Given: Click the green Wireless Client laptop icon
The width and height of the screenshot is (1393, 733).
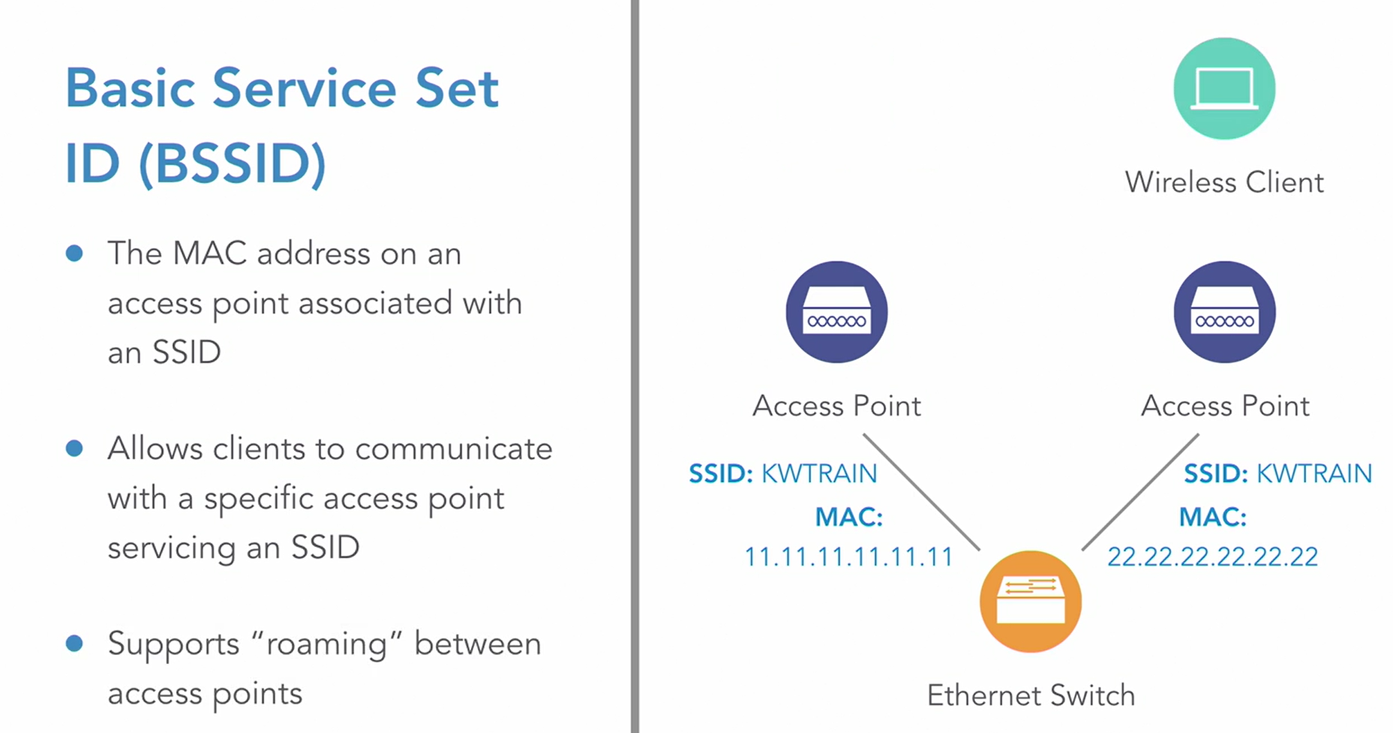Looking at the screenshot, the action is (1223, 89).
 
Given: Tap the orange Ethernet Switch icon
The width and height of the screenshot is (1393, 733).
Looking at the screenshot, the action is (1030, 601).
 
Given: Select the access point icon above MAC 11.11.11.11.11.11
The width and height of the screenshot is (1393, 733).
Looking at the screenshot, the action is (836, 312).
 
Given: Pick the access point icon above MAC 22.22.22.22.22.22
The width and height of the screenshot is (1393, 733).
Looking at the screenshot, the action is (1223, 312).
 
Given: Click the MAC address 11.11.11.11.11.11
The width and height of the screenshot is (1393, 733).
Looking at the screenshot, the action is (848, 557).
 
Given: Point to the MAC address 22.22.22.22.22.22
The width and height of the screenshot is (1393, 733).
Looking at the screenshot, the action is (1212, 557).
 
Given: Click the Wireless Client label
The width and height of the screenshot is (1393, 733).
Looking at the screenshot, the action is (1223, 182).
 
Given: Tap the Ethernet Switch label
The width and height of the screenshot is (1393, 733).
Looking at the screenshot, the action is (1031, 695).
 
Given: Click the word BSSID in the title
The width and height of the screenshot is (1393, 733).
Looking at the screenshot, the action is (233, 163).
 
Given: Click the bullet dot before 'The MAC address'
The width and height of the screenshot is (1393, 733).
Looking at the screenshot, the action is (74, 254).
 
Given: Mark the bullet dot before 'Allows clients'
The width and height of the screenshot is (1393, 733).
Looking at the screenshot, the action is (74, 449).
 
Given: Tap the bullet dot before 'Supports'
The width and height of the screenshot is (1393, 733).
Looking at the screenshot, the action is (74, 644).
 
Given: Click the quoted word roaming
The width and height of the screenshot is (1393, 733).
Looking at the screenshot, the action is (326, 644).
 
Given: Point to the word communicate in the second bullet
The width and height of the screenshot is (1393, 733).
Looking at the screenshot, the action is (453, 449).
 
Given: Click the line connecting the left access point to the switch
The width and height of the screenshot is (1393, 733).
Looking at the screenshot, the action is (922, 492).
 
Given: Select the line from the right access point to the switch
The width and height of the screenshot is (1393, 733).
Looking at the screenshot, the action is (1139, 492).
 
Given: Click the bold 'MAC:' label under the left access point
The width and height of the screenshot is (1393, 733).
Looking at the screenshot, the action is (848, 517).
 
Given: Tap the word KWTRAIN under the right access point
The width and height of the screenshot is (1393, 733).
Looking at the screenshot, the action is (1313, 473).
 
